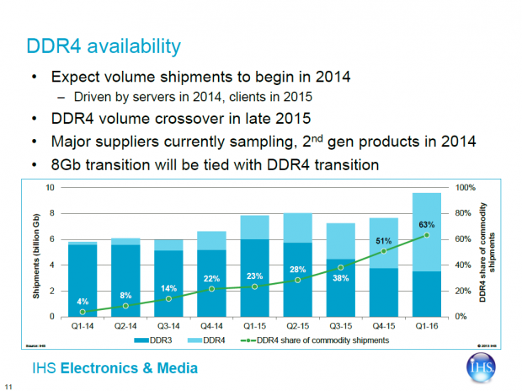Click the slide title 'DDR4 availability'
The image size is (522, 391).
[105, 43]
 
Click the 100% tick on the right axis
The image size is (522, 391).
[465, 188]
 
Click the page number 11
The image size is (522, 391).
[8, 386]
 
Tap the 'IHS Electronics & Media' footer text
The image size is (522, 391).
[113, 368]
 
